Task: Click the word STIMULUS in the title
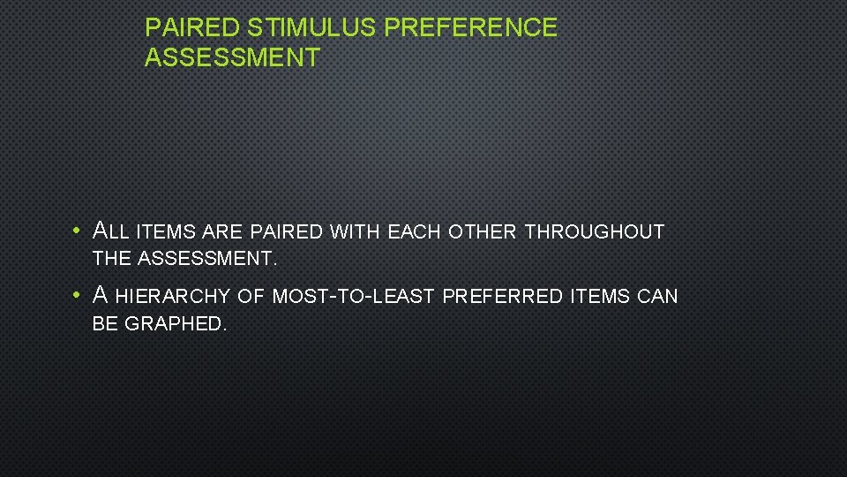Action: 312,28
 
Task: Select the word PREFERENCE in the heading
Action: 471,28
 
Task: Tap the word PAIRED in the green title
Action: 194,28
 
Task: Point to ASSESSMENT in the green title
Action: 232,58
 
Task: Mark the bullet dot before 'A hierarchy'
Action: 78,295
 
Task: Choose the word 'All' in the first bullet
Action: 111,231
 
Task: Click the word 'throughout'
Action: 594,232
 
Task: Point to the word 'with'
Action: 355,232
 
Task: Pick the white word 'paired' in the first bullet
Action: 287,232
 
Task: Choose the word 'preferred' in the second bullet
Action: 502,296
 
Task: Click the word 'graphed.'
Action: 176,324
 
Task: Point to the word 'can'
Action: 657,296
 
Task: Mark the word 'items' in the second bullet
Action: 598,296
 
